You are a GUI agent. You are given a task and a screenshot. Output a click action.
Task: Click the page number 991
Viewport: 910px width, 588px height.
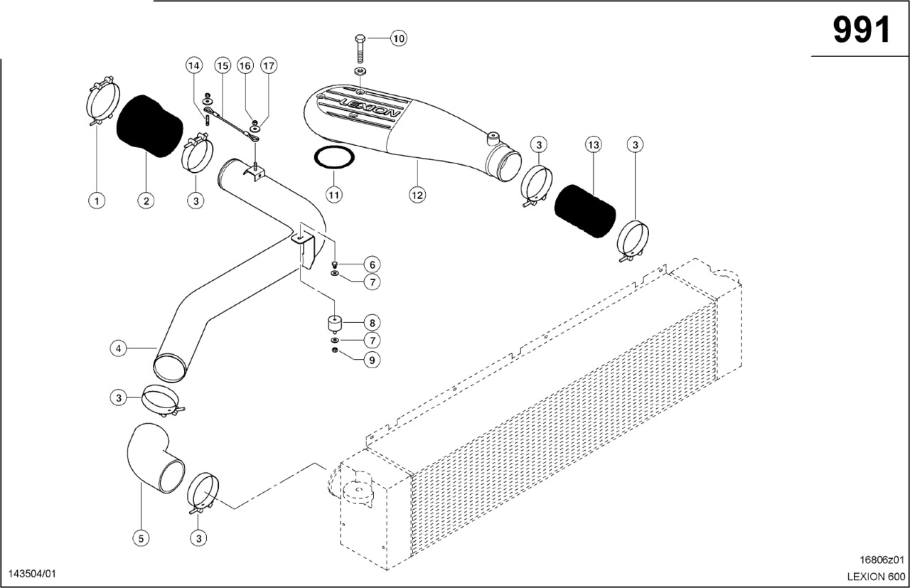(x=862, y=31)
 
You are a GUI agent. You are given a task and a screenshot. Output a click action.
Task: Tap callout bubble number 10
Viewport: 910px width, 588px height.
(x=398, y=38)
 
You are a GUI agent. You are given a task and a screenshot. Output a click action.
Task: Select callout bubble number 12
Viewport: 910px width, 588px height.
(x=417, y=193)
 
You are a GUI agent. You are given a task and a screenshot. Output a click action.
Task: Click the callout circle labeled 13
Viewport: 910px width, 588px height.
(x=593, y=145)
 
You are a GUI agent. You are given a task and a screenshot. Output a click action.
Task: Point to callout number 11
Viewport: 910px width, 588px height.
(x=335, y=193)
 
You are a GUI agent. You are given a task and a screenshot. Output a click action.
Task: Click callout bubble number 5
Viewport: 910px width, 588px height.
(x=141, y=538)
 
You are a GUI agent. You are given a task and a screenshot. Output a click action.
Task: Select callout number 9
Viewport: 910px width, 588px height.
(x=371, y=360)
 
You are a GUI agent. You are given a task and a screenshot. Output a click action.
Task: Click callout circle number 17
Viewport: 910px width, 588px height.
(x=268, y=66)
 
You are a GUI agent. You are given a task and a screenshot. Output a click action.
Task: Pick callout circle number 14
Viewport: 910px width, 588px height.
(x=194, y=66)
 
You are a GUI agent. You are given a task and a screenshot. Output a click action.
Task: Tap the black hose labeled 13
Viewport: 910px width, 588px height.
(x=584, y=210)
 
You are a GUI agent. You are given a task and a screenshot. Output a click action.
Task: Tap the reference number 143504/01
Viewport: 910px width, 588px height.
(x=31, y=573)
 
